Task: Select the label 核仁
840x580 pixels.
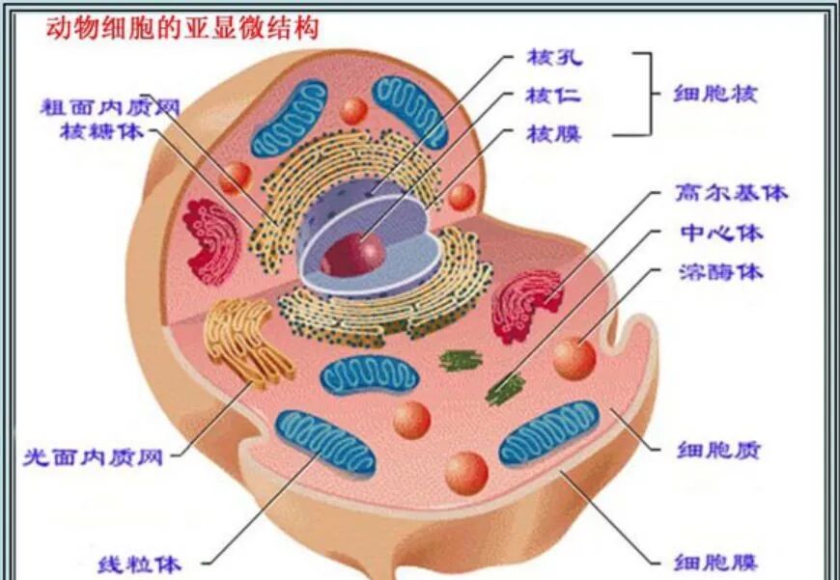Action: (x=553, y=95)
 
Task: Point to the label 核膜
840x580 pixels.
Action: (x=553, y=133)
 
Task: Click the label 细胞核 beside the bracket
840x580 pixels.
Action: (x=714, y=94)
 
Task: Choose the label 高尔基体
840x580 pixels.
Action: (x=731, y=193)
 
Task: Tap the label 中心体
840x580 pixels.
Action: (x=720, y=234)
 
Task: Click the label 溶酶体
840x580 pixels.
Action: (x=720, y=271)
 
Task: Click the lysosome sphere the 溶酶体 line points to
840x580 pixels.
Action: (x=574, y=357)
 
